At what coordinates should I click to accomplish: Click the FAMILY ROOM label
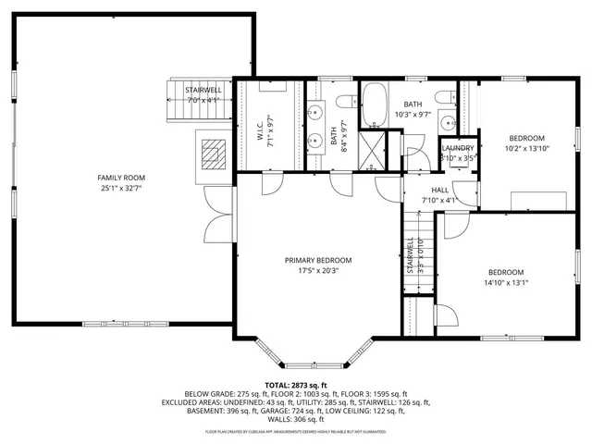pos(121,178)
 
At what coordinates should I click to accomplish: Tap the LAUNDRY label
pos(458,149)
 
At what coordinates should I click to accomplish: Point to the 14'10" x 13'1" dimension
pos(506,283)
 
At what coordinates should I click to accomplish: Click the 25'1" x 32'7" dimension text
pos(121,188)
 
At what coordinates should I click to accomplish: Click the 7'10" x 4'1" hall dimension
pos(439,200)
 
